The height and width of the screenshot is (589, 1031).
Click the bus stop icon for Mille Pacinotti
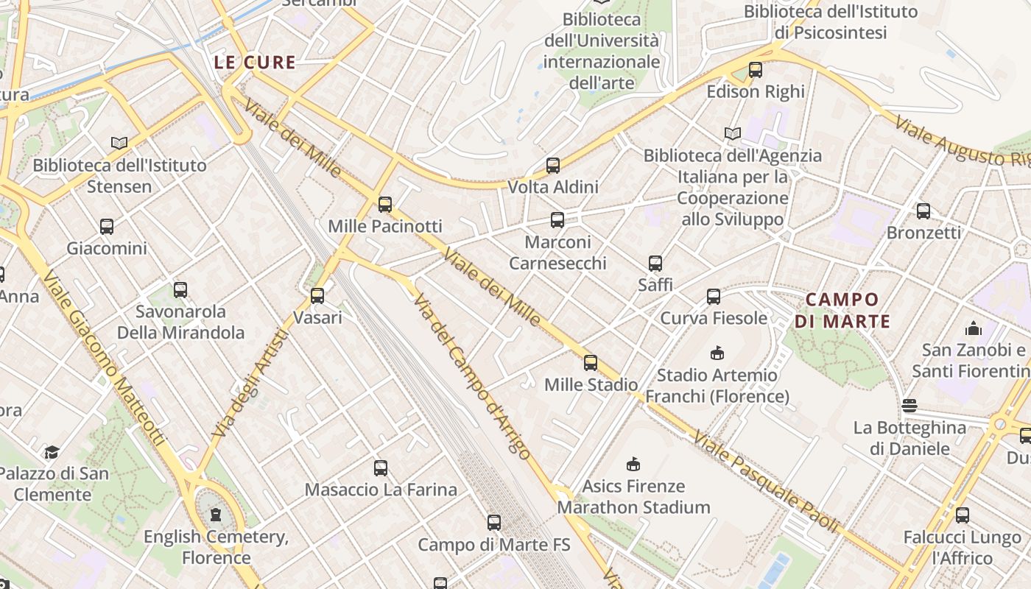[384, 204]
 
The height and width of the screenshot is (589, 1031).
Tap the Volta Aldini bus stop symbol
[553, 166]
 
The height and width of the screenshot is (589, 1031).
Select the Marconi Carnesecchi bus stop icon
[557, 219]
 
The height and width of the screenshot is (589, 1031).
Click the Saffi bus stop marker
[655, 263]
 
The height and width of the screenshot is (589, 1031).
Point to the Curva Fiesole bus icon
[714, 297]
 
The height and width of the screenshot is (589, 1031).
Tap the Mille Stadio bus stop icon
[591, 362]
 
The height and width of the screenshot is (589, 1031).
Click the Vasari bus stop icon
[317, 296]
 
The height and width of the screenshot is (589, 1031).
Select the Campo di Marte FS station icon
[494, 523]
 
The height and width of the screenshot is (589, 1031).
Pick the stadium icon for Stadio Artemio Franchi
[717, 353]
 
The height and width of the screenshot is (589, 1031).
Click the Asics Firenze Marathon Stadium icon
[633, 464]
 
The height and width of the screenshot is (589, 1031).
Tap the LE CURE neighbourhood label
[255, 63]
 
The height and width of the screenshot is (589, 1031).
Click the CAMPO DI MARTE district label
[842, 310]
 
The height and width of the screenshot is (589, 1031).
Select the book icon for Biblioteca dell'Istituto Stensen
[119, 143]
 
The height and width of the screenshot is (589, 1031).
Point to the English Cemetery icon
[216, 515]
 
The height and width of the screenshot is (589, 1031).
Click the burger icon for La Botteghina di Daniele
[909, 406]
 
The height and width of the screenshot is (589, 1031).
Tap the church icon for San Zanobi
[974, 328]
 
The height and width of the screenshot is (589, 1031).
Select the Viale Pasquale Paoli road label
[766, 482]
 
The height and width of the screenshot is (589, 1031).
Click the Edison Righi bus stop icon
[756, 70]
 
